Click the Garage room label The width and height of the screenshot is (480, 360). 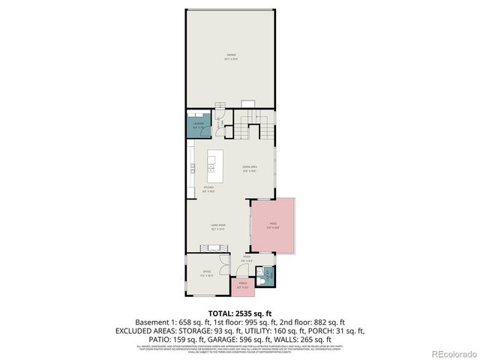(x=231, y=56)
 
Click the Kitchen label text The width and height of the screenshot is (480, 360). (x=209, y=189)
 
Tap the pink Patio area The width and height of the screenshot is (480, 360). (x=272, y=225)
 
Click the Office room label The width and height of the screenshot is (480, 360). (x=206, y=272)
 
